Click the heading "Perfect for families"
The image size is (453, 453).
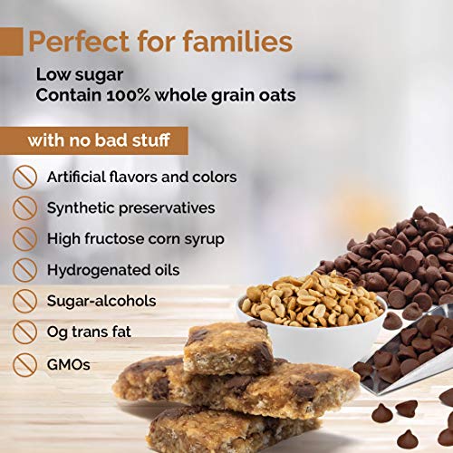click(x=160, y=42)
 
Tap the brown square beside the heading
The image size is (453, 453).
click(x=11, y=42)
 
